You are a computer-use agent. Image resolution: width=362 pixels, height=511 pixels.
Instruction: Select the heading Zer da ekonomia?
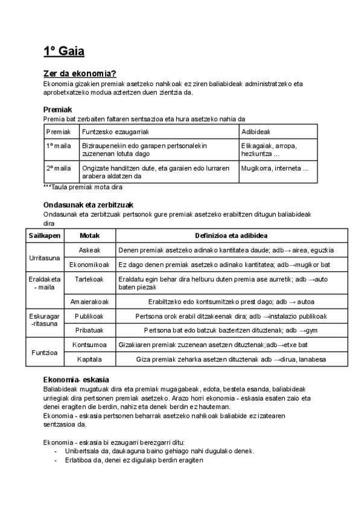tap(79, 74)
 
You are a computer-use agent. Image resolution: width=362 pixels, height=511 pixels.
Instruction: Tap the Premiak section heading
tap(58, 110)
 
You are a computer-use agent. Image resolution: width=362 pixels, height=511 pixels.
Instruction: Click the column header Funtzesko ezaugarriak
tap(115, 131)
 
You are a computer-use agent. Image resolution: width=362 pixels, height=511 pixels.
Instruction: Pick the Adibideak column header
tap(256, 131)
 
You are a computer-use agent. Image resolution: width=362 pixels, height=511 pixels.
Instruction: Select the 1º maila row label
tap(59, 146)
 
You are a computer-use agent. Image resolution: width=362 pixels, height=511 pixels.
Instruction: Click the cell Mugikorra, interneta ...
tap(275, 168)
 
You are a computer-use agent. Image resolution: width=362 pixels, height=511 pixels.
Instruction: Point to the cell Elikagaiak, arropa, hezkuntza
tap(269, 150)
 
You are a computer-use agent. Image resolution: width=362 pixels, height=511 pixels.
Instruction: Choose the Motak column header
tap(89, 236)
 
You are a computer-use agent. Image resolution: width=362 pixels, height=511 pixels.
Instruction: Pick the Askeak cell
tap(89, 250)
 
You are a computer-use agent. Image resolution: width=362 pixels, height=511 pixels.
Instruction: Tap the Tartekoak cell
tap(89, 280)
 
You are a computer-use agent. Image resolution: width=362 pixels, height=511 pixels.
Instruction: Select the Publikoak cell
tap(89, 316)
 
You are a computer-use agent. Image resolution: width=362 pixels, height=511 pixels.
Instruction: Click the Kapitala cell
tap(89, 360)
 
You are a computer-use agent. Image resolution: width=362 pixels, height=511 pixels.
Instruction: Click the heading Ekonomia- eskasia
tap(76, 380)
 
